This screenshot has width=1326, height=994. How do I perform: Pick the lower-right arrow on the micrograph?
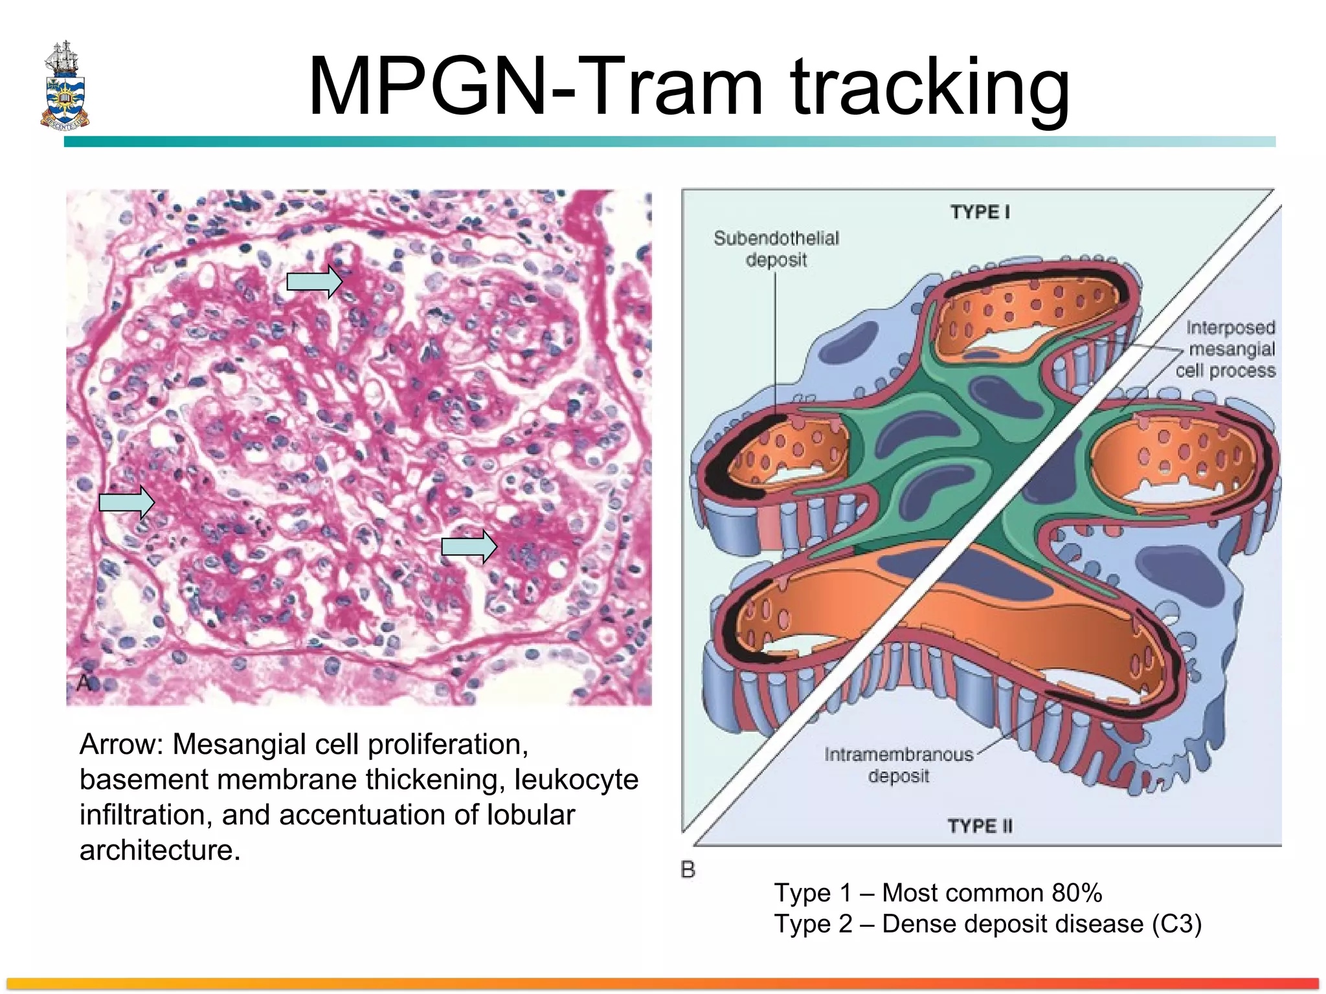point(469,547)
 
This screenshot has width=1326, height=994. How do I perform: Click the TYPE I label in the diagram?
point(980,212)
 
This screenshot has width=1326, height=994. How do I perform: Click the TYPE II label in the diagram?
point(980,826)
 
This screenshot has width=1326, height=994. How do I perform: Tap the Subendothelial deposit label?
point(776,249)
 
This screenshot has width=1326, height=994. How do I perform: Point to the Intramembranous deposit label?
point(899,765)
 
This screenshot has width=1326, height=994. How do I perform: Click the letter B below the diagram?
point(688,870)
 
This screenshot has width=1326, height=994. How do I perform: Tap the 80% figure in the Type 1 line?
point(1076,893)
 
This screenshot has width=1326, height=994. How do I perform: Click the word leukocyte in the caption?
point(576,780)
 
